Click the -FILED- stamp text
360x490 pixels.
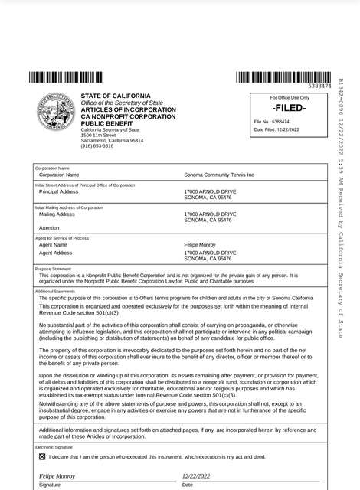[290, 109]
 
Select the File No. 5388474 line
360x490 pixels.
[271, 122]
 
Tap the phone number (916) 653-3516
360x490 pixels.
[97, 145]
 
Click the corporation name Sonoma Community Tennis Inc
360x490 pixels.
[219, 175]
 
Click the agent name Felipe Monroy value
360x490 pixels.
[201, 245]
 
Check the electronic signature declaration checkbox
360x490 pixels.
[42, 456]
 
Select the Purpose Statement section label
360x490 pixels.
[53, 269]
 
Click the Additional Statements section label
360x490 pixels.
[55, 291]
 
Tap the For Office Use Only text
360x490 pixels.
[290, 98]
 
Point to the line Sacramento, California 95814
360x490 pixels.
[112, 141]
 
